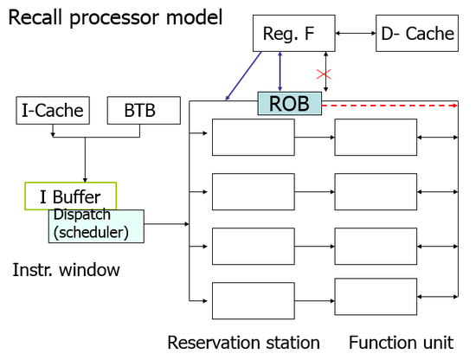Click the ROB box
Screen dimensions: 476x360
(x=290, y=104)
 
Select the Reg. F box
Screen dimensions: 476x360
(x=294, y=33)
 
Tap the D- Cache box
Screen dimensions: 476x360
(x=417, y=33)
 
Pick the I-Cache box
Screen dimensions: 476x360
(x=53, y=111)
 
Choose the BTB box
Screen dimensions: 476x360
(x=144, y=111)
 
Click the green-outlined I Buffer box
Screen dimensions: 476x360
(x=70, y=196)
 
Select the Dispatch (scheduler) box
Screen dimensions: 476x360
(x=96, y=226)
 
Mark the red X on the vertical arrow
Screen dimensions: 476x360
(x=324, y=74)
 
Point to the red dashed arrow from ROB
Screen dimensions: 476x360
(x=389, y=106)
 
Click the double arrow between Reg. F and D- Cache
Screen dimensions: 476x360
(x=356, y=33)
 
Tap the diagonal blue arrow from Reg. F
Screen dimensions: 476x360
(x=243, y=76)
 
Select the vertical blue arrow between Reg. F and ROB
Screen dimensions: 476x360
(x=280, y=72)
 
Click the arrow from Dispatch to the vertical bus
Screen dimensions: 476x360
(x=167, y=224)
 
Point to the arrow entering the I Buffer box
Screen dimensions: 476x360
(x=85, y=160)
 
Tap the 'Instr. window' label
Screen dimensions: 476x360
(x=66, y=269)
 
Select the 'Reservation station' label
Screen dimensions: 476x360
(x=243, y=343)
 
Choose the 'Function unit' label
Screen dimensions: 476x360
(x=401, y=343)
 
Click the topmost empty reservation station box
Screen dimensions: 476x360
(x=254, y=138)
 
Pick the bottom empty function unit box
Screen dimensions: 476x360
(x=376, y=297)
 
